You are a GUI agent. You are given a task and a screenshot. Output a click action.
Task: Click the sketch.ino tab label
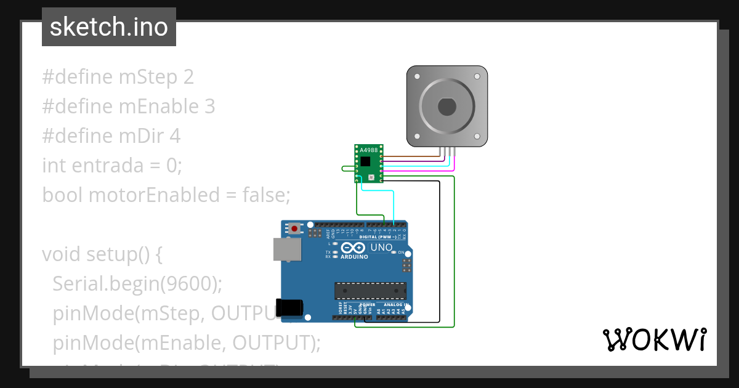pyautogui.click(x=108, y=27)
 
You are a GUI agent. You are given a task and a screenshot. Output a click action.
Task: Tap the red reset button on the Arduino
pyautogui.click(x=296, y=228)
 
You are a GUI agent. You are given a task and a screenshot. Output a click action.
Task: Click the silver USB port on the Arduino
pyautogui.click(x=287, y=249)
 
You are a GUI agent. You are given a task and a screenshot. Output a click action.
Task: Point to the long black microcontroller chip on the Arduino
pyautogui.click(x=370, y=290)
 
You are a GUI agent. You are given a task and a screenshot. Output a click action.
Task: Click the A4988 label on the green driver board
pyautogui.click(x=368, y=150)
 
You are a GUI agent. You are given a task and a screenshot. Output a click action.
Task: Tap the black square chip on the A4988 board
pyautogui.click(x=366, y=161)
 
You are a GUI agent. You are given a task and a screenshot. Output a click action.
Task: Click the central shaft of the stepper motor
pyautogui.click(x=447, y=107)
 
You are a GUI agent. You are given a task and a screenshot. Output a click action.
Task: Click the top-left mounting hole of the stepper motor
pyautogui.click(x=417, y=77)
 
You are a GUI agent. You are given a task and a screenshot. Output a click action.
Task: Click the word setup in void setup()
pyautogui.click(x=112, y=254)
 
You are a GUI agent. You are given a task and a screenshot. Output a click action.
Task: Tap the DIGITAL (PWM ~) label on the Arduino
pyautogui.click(x=377, y=237)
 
